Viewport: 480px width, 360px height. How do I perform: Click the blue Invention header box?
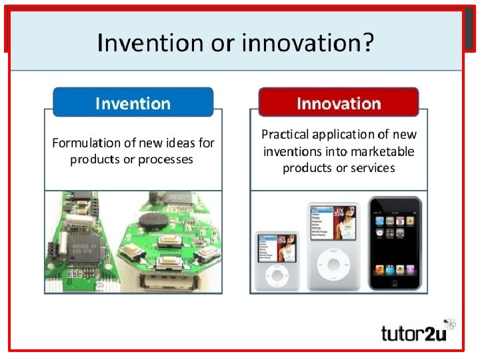tap(133, 103)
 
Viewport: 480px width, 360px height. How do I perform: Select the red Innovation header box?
tap(339, 103)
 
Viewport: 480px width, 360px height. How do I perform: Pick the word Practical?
tap(285, 135)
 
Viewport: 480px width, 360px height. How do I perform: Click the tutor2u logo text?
tap(413, 333)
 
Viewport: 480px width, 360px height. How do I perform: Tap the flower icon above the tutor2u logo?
tap(450, 325)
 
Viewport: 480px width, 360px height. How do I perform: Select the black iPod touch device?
tap(395, 244)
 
